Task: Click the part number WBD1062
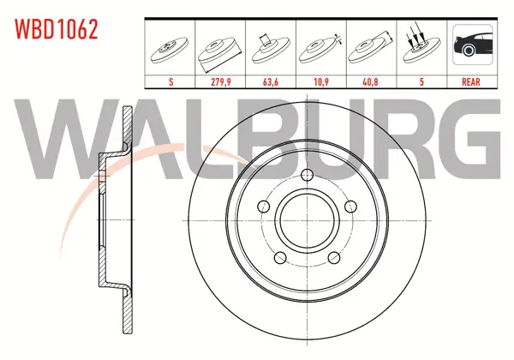pos(56,29)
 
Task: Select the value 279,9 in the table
pos(221,81)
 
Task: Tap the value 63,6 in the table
pos(271,81)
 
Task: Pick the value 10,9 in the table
pos(321,81)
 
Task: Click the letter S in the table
pos(170,81)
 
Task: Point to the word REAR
pos(470,81)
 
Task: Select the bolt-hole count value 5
pos(421,81)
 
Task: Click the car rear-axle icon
pos(472,45)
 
